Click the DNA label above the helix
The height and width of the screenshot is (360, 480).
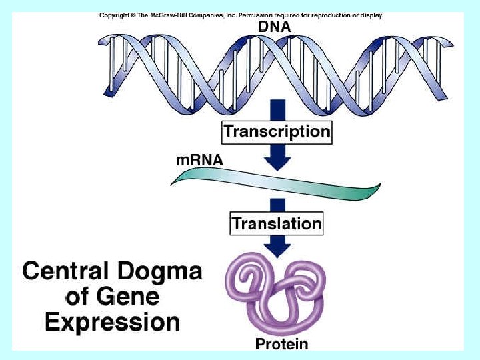(274, 27)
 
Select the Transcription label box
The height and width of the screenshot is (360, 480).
(277, 131)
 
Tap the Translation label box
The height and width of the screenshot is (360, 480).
(277, 223)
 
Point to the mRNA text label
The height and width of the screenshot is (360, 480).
(200, 161)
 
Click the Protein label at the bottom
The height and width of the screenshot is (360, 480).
(282, 344)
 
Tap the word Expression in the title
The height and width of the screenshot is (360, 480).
(112, 322)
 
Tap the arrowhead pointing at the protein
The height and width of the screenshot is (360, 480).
(277, 248)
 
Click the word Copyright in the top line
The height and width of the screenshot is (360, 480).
(113, 15)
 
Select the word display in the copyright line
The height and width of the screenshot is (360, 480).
(371, 15)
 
